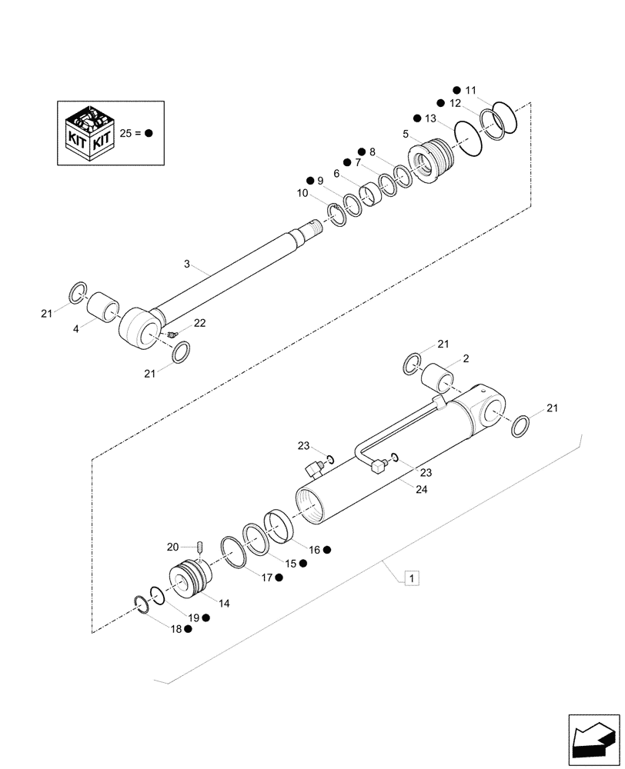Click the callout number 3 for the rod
tap(187, 264)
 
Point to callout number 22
tap(199, 324)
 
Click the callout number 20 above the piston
tap(173, 546)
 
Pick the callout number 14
tap(223, 604)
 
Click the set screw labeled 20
tap(199, 548)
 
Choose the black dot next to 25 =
tap(149, 132)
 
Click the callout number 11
tap(471, 90)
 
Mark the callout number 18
tap(176, 628)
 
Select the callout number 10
tap(301, 194)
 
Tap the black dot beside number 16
tap(326, 550)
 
